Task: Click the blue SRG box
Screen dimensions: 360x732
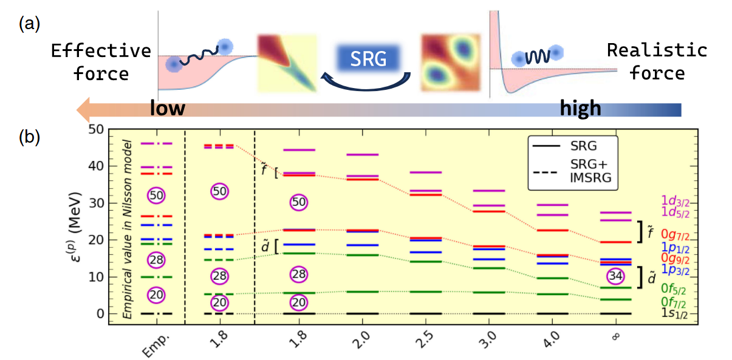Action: pos(369,58)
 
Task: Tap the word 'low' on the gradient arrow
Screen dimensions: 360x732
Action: pos(168,109)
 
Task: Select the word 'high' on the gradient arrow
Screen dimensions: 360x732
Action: pos(580,109)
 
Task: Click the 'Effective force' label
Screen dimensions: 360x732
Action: pos(101,62)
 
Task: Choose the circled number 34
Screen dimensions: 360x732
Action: pos(615,276)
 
